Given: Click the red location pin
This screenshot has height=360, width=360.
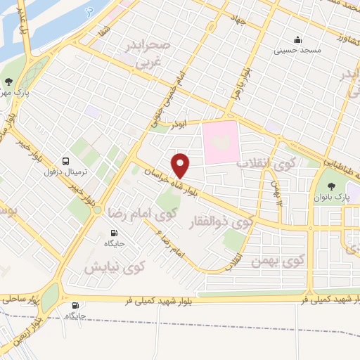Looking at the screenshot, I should (181, 165).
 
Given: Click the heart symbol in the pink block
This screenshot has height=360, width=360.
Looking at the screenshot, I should (225, 140).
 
